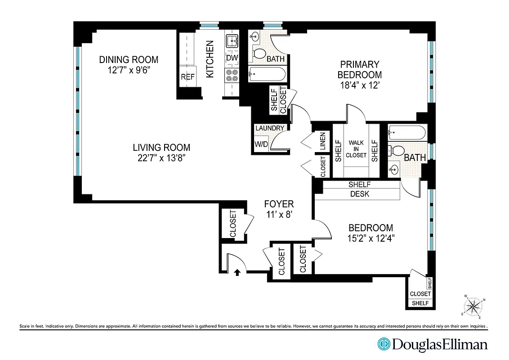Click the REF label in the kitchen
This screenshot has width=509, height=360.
pos(188,77)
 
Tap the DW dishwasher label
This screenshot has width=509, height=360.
pos(232,58)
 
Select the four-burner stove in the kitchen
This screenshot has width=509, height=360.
pos(232,75)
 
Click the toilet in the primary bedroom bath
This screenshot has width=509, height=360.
pos(259,54)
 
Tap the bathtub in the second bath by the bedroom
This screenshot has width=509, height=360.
pos(406,133)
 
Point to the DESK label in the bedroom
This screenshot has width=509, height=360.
pos(359,194)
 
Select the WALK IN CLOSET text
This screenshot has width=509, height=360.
pos(356,149)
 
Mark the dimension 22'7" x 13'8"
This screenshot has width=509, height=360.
pos(161,157)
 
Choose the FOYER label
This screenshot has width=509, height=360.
pos(279,204)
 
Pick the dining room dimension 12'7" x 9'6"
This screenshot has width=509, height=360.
pos(129,70)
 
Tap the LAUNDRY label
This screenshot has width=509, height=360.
pos(270,128)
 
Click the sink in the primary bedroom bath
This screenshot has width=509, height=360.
pos(255,36)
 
